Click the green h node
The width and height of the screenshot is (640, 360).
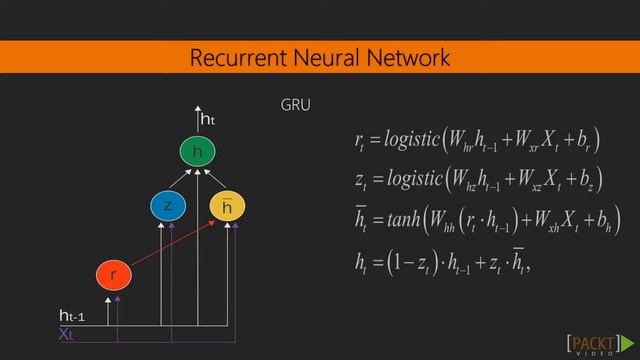click(x=197, y=152)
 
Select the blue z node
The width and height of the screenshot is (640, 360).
click(x=167, y=206)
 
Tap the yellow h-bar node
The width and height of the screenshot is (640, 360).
click(x=227, y=206)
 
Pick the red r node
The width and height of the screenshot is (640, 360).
click(x=113, y=273)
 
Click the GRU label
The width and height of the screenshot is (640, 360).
click(x=297, y=105)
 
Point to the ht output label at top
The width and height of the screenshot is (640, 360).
click(x=208, y=120)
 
